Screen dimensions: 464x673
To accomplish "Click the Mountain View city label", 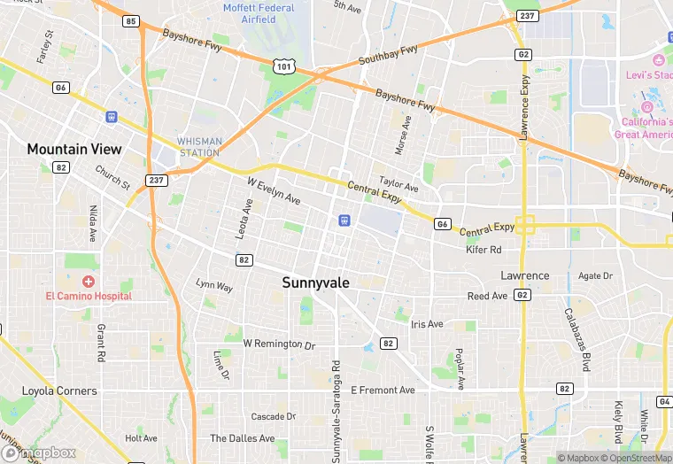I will click(x=74, y=149).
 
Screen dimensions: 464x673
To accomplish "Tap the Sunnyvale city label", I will click(x=315, y=282).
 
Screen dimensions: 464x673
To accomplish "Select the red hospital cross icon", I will click(x=89, y=281).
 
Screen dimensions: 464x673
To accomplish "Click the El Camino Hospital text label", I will click(x=89, y=296).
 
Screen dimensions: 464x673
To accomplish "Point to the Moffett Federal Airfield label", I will click(x=259, y=13).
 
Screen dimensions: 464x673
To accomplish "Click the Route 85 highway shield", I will click(x=131, y=20).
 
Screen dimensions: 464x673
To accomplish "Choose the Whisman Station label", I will click(x=198, y=147).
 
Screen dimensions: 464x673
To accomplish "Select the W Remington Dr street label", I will click(x=279, y=343).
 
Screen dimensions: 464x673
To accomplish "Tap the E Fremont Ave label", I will click(x=383, y=390).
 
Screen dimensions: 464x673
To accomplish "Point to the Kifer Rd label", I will click(x=483, y=251).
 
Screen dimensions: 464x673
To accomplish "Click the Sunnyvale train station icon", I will click(x=341, y=220).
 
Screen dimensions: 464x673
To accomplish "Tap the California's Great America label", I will click(x=645, y=128).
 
